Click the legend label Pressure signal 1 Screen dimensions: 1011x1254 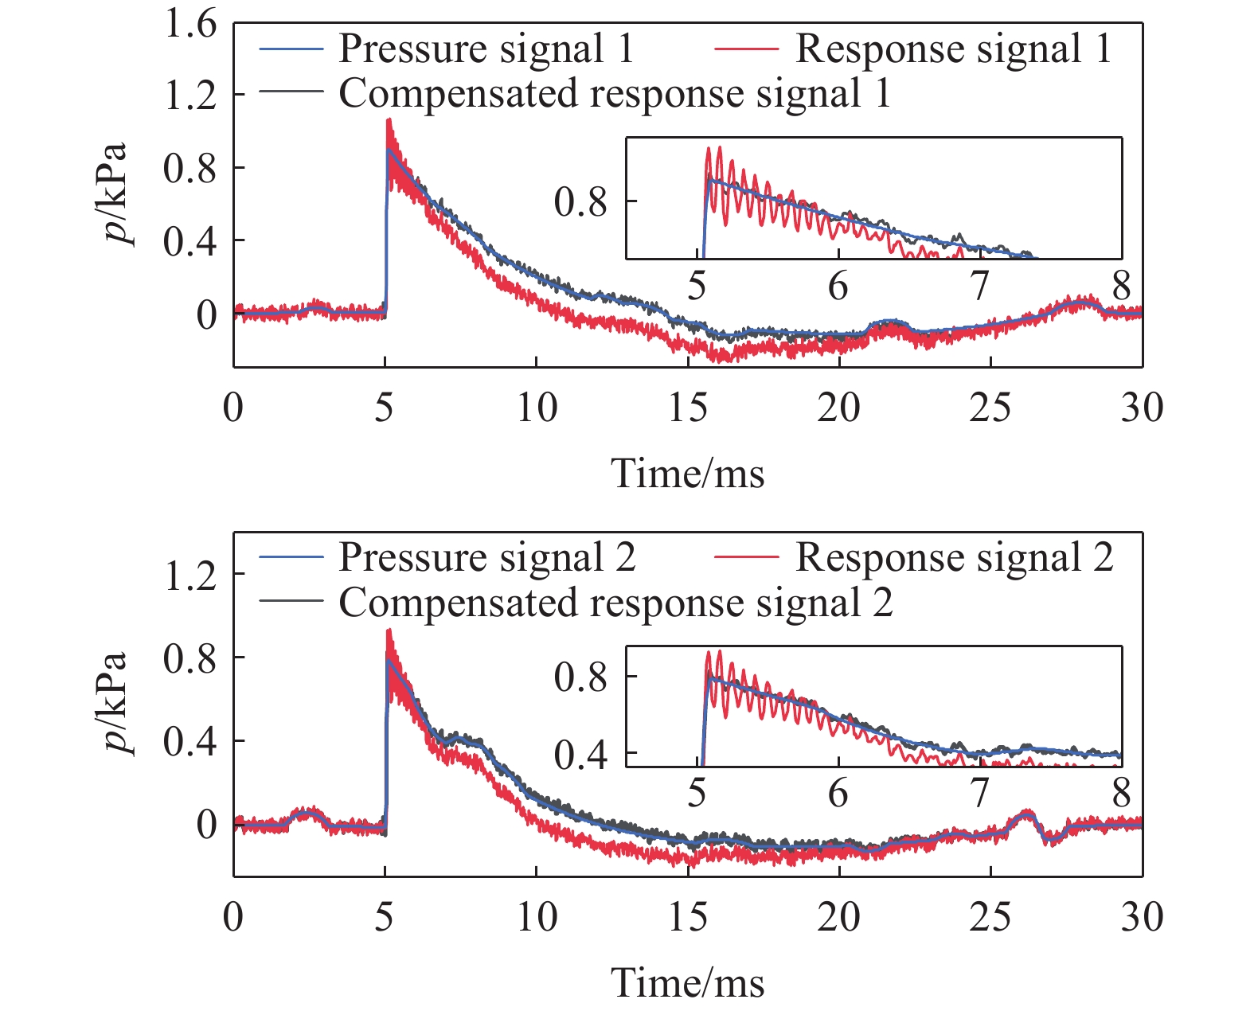[486, 49]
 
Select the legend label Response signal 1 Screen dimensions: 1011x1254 [953, 49]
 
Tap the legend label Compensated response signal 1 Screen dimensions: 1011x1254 [614, 94]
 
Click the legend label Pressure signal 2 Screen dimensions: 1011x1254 [487, 557]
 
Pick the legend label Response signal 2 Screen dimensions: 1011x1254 [955, 557]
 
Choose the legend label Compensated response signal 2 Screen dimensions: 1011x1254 [615, 603]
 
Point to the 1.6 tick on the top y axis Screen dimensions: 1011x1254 [189, 24]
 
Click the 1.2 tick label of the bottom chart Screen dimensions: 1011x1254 [189, 575]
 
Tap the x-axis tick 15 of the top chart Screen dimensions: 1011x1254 [687, 408]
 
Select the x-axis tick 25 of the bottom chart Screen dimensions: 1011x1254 [990, 917]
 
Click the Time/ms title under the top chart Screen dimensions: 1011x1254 [687, 474]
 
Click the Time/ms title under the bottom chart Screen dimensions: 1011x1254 [687, 983]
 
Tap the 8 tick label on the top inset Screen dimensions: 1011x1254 [1121, 286]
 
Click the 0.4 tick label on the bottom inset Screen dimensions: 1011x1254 [580, 754]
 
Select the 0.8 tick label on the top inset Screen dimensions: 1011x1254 [580, 202]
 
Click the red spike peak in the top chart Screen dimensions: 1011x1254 [389, 120]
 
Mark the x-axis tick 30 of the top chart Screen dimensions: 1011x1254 [1142, 408]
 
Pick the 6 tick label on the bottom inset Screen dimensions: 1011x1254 [838, 794]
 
